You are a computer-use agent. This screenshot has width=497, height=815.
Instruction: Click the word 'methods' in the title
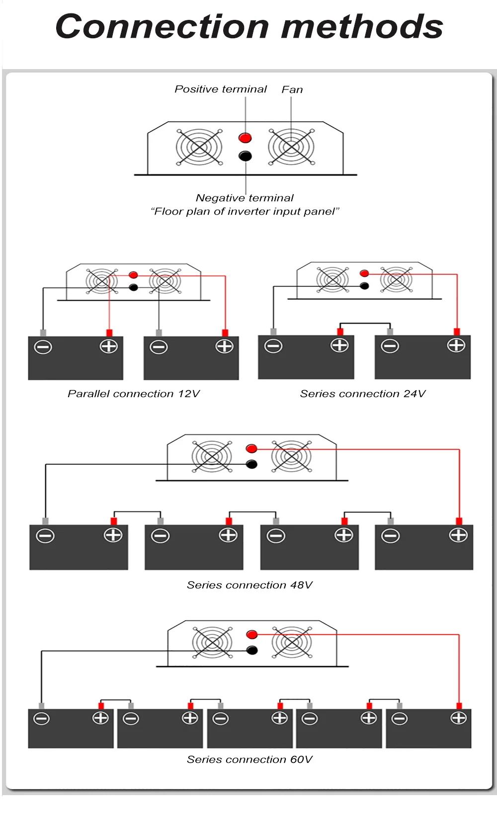[x=362, y=27]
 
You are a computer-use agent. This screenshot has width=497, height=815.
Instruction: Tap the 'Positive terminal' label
[x=221, y=89]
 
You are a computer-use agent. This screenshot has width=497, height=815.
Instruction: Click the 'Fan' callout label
[x=292, y=90]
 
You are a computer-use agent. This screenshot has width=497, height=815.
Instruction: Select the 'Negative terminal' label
[x=245, y=198]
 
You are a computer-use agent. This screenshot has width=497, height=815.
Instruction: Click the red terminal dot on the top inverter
[x=245, y=138]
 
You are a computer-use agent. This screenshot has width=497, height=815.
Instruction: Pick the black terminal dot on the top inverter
[x=245, y=156]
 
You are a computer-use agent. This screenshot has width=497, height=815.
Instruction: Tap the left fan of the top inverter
[x=199, y=147]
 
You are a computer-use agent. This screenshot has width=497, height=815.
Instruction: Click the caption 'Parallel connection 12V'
[x=134, y=394]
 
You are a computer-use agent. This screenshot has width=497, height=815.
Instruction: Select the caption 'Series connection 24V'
[x=363, y=394]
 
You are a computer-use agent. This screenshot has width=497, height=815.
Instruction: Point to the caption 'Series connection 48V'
[x=249, y=585]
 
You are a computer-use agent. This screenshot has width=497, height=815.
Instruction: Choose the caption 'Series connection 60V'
[x=249, y=760]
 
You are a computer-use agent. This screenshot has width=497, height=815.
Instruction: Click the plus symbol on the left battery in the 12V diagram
[x=109, y=346]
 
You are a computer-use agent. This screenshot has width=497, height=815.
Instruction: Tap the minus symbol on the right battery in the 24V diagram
[x=390, y=346]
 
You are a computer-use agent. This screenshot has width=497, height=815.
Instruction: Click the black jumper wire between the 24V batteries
[x=365, y=324]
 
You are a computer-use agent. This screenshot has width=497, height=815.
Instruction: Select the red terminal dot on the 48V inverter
[x=251, y=449]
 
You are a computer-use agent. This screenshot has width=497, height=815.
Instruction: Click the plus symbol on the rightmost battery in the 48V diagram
[x=458, y=535]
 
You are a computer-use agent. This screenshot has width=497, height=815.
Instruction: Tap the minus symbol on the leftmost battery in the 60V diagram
[x=41, y=719]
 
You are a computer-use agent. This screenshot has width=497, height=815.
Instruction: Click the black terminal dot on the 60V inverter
[x=252, y=650]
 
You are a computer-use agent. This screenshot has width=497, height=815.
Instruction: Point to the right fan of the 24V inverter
[x=396, y=279]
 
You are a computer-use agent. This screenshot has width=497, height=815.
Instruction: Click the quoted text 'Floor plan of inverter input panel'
[x=245, y=212]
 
